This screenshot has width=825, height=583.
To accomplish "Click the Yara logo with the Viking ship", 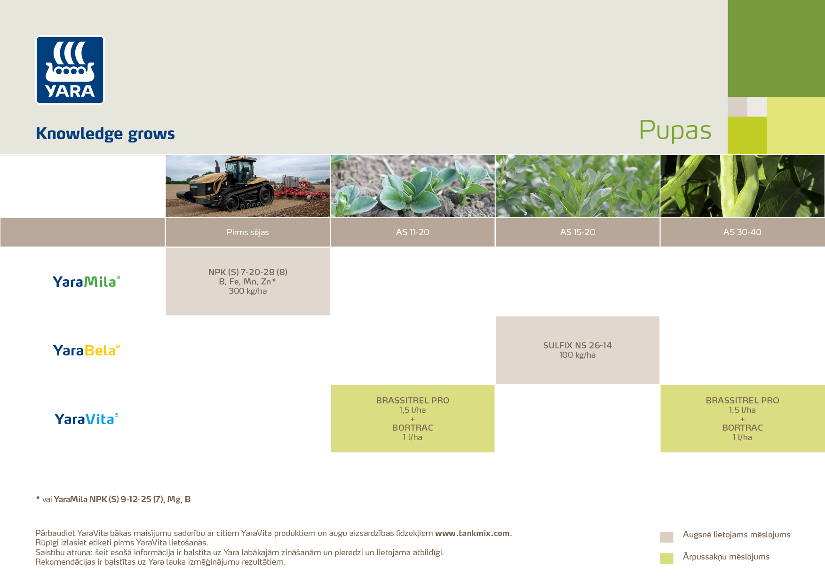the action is [70, 70].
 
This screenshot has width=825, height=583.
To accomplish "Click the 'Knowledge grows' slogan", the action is [105, 134].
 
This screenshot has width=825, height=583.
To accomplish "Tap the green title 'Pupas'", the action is [675, 131].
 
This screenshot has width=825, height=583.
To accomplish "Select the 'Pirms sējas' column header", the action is [248, 232].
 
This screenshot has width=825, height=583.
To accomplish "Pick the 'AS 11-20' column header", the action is [412, 232].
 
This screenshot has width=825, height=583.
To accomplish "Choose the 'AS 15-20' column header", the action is [578, 232].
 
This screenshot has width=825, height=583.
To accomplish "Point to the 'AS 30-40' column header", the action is [742, 232].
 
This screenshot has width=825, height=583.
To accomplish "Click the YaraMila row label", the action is [87, 282].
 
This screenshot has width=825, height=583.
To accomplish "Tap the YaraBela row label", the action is [87, 350].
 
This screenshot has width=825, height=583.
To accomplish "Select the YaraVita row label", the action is [87, 419].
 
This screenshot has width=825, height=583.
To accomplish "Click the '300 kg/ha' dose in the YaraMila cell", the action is [248, 291].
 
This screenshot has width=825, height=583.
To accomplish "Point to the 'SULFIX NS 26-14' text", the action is [578, 346].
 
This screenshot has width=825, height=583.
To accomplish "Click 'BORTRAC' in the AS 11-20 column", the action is [412, 428].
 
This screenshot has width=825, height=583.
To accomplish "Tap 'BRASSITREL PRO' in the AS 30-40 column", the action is [742, 401].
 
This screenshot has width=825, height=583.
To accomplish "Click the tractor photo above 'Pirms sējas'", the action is [248, 186].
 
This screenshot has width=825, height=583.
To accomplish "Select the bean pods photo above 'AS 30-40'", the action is [743, 186].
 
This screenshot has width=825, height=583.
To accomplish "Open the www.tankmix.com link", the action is [472, 533].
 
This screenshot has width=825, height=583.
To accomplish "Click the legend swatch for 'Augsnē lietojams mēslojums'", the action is [666, 537].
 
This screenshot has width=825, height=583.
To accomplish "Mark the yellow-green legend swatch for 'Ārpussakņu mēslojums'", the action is [666, 558].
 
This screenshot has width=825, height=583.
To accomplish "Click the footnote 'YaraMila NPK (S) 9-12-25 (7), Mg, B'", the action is [122, 499].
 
